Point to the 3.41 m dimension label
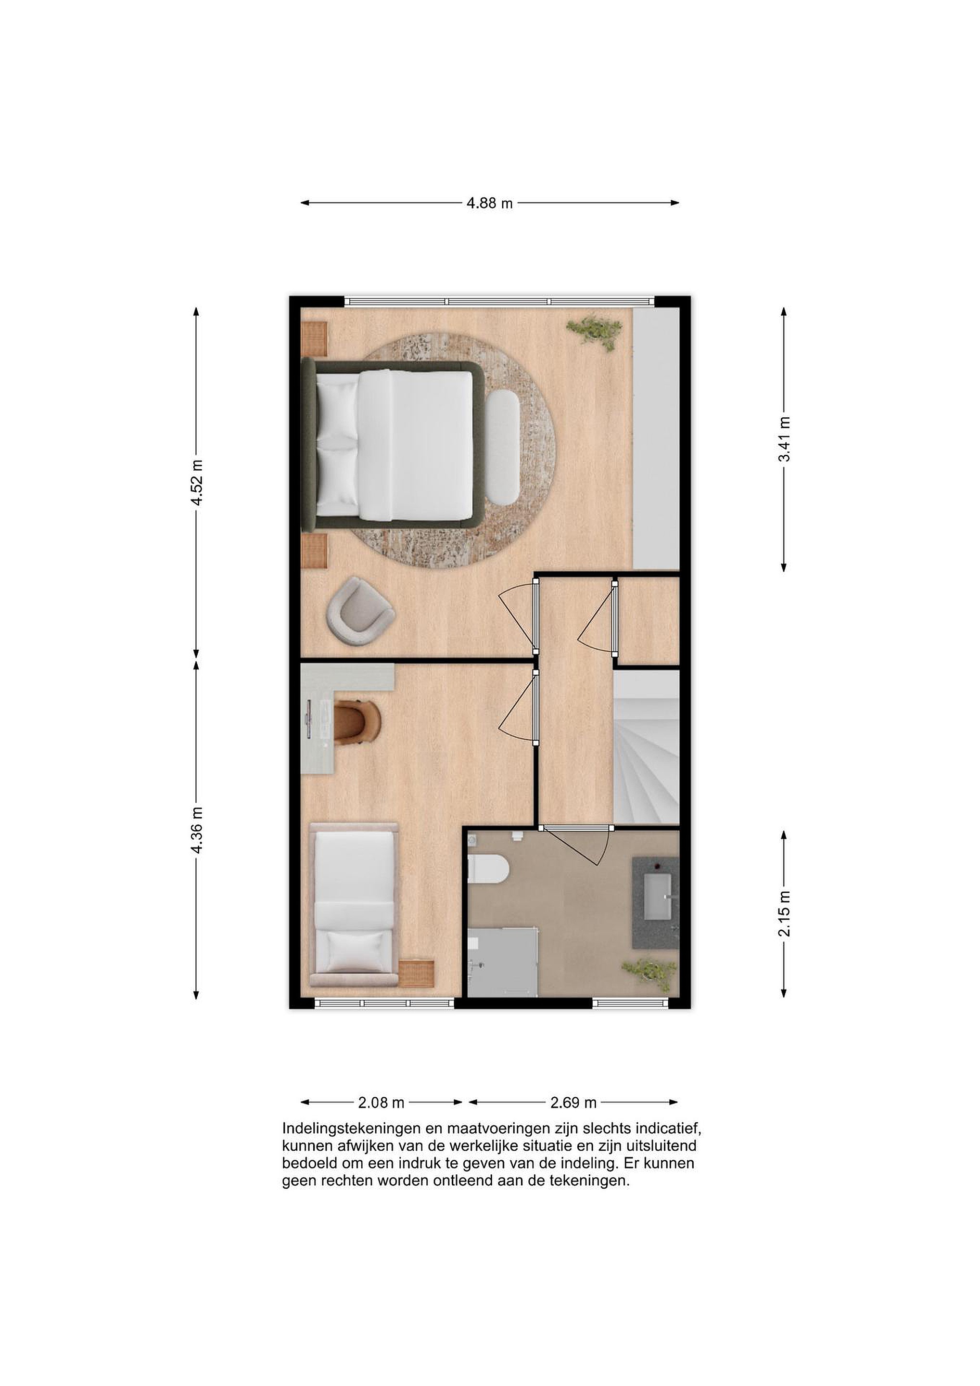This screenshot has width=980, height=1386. (784, 439)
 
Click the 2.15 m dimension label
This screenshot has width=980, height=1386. (784, 914)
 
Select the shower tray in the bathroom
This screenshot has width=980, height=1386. (503, 963)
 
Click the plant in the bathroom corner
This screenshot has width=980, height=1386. (650, 973)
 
